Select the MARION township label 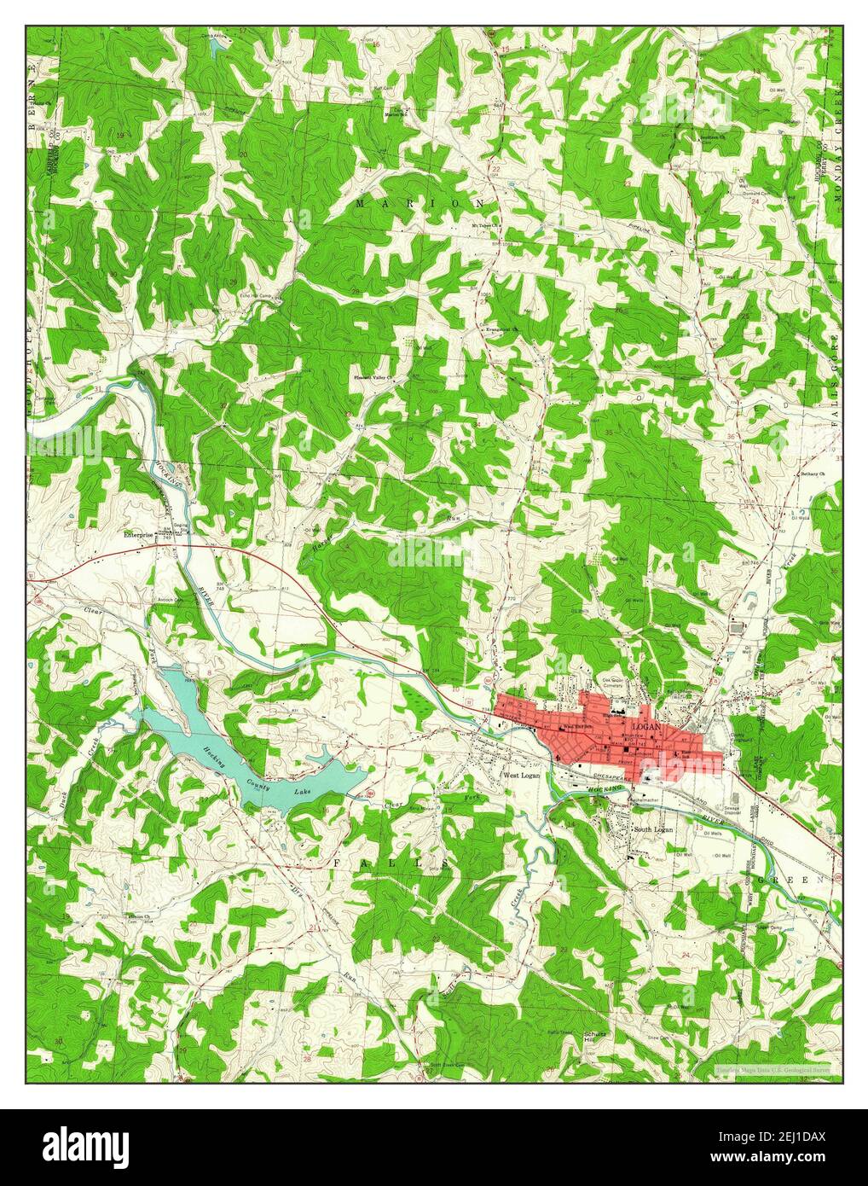pyautogui.click(x=420, y=204)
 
